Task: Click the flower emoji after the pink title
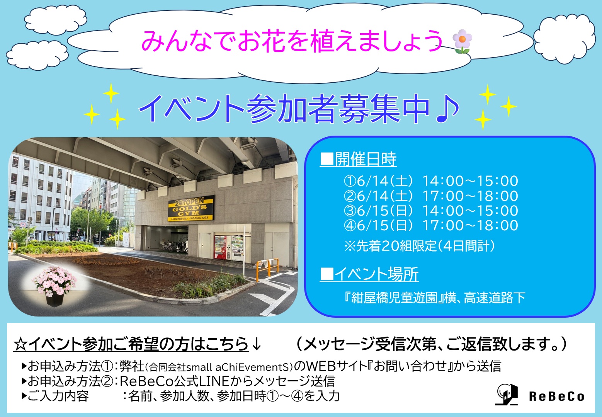point(462,41)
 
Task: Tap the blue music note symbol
point(447,109)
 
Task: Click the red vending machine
point(220,247)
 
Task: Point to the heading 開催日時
point(358,159)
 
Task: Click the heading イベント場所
point(369,274)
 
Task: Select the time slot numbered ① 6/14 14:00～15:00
point(431,181)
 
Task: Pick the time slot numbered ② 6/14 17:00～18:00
point(431,196)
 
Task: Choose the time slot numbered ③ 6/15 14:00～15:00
point(431,211)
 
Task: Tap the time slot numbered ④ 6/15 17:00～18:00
point(431,225)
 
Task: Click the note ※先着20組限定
point(391,246)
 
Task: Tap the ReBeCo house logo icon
point(507,395)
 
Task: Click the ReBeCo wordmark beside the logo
point(556,397)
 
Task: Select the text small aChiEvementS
point(238,367)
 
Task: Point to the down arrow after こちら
point(257,344)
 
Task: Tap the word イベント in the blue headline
point(191,109)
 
